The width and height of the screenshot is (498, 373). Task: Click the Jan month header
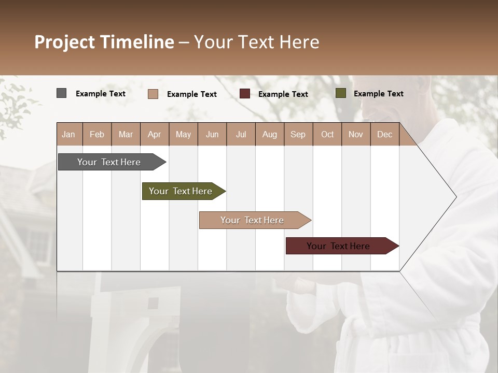click(x=69, y=135)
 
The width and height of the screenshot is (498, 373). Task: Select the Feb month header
click(x=97, y=135)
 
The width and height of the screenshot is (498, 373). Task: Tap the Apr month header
click(x=155, y=135)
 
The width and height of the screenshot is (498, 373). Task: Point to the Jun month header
click(x=212, y=135)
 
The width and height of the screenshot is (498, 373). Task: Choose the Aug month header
click(x=270, y=135)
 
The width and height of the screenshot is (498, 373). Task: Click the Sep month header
click(x=298, y=135)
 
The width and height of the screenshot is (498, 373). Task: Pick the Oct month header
click(x=327, y=135)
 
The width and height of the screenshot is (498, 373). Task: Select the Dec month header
click(x=385, y=135)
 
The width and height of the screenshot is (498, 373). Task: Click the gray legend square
click(x=61, y=93)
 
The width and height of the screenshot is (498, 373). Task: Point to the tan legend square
click(x=153, y=94)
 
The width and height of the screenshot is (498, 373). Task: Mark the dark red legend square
click(x=244, y=94)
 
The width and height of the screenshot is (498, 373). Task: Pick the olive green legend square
click(x=340, y=93)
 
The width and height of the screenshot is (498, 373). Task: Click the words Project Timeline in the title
click(x=104, y=42)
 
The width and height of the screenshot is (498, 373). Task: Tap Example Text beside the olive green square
click(x=378, y=94)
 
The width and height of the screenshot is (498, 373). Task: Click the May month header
click(x=183, y=135)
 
